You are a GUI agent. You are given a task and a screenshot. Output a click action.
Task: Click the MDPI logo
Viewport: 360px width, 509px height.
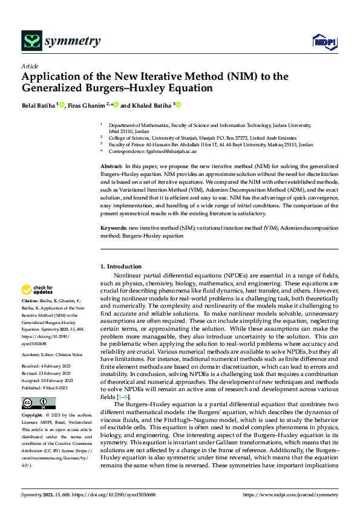pos(324,41)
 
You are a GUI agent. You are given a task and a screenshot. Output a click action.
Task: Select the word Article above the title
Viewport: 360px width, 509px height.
pos(30,66)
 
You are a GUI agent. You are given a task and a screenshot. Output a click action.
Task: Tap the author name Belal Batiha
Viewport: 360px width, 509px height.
pos(38,105)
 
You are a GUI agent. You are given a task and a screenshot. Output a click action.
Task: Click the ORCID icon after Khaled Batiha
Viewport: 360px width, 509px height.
pos(178,105)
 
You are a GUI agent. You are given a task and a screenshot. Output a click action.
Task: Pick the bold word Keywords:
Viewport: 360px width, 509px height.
pos(113,228)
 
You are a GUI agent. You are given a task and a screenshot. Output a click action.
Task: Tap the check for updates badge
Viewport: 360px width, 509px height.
pos(38,290)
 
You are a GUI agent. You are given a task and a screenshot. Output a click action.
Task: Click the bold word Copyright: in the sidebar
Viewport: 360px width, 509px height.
pos(33,417)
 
